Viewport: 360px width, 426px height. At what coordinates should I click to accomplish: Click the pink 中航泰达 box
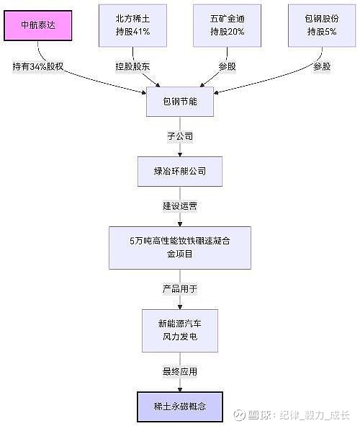pos(37,25)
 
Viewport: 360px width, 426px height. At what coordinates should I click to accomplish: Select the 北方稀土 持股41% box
pos(132,25)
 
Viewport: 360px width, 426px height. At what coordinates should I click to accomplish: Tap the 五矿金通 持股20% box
pos(227,25)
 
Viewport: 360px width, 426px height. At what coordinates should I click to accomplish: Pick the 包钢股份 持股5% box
pos(322,25)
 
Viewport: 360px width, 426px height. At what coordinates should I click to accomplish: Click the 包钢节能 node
pos(180,102)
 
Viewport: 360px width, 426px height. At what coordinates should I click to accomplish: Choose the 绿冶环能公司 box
pos(180,172)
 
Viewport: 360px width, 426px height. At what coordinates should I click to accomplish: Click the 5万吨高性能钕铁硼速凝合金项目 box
pos(180,248)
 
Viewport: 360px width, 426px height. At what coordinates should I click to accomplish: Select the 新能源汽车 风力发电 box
pos(180,331)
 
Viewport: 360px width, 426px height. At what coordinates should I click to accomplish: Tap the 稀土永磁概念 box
pos(180,407)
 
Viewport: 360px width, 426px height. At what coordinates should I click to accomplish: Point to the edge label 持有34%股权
pos(38,66)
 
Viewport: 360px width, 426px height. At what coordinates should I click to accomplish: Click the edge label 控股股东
pos(132,66)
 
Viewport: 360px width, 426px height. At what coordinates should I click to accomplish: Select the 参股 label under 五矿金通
pos(227,66)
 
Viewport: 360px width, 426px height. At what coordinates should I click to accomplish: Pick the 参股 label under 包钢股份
pos(322,66)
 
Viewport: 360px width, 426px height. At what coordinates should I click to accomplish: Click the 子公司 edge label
pos(180,136)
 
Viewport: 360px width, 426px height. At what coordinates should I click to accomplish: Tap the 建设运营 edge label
pos(180,206)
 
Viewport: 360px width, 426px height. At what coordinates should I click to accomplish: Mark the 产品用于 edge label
pos(180,289)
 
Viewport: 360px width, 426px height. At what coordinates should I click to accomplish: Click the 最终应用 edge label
pos(180,371)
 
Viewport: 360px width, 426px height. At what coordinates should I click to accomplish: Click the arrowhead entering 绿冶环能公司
pos(180,154)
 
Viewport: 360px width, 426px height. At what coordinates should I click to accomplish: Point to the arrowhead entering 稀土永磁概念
pos(180,389)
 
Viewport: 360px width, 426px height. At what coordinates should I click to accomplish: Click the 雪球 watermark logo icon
pos(240,415)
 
